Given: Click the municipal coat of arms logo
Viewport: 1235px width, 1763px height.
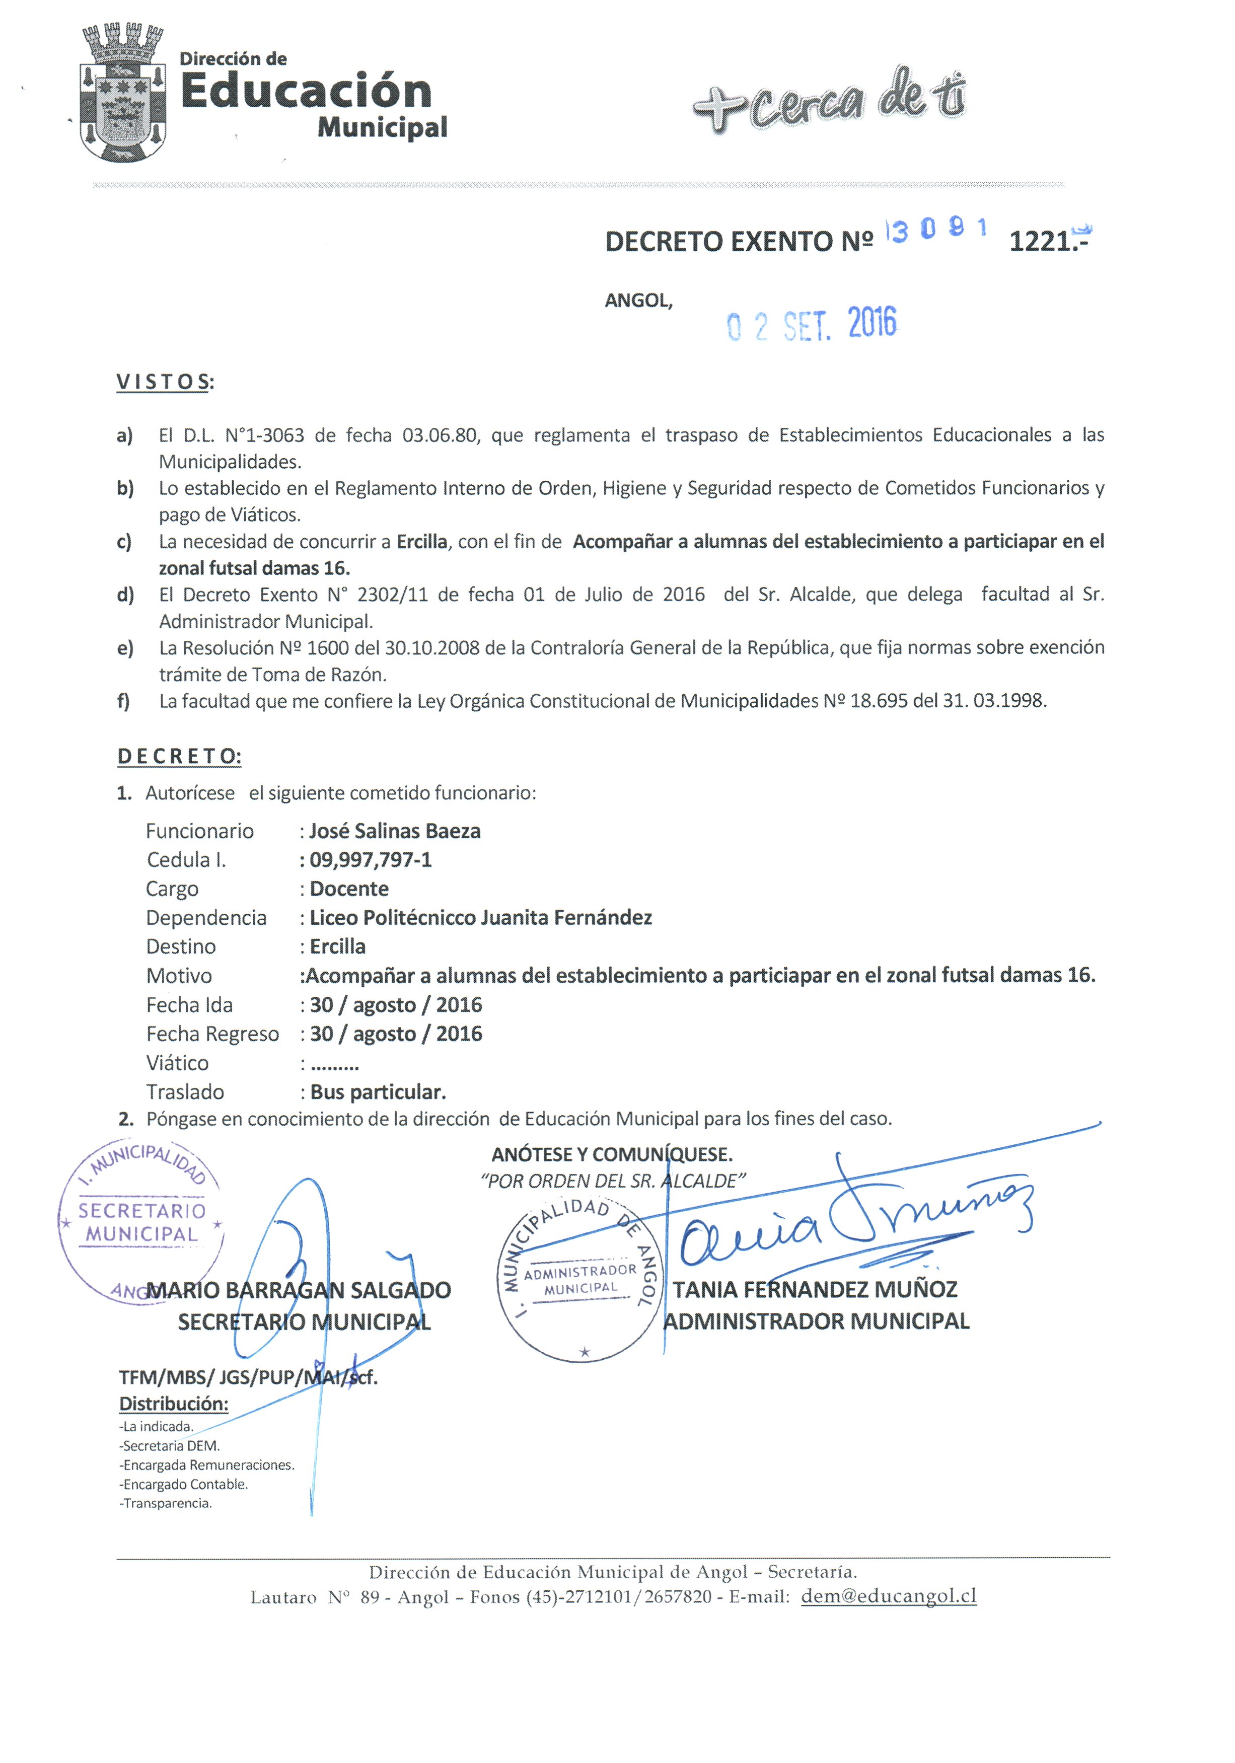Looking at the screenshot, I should click(x=123, y=94).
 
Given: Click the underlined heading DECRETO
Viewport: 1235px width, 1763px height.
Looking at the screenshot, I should click(x=178, y=756).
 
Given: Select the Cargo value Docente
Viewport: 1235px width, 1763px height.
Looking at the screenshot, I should click(x=349, y=889).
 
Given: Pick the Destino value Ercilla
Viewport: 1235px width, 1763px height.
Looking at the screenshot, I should click(x=337, y=947).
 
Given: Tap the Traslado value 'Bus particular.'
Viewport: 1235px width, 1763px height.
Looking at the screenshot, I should click(x=378, y=1092).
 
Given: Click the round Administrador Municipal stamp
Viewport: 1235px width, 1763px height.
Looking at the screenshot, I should click(x=580, y=1278).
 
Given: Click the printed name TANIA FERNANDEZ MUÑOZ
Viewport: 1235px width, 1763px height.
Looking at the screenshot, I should click(x=815, y=1289).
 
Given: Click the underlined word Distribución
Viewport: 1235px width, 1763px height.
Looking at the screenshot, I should click(x=174, y=1404).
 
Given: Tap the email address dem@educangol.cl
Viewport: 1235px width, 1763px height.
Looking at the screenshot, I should click(x=889, y=1595).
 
